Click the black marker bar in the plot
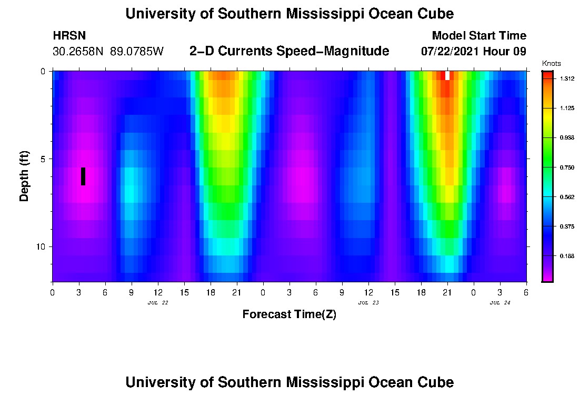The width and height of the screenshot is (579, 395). [83, 176]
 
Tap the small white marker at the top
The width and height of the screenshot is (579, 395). [447, 75]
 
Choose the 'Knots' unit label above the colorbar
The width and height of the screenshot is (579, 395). [550, 63]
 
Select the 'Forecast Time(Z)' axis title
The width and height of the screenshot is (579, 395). [289, 314]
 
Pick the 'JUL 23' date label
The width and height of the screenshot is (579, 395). [368, 303]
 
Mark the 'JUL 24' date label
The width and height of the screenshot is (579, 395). [500, 303]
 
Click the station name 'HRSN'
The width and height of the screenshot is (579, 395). [69, 36]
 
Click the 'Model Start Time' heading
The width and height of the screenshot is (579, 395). [478, 36]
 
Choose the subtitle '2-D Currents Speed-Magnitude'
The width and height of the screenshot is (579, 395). [289, 51]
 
